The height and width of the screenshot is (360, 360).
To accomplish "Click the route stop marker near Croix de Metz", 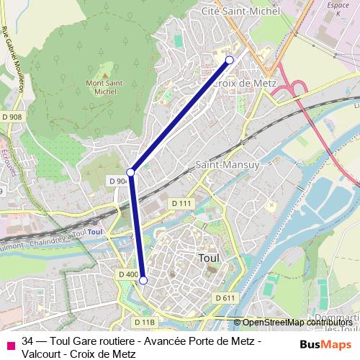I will [x=230, y=60].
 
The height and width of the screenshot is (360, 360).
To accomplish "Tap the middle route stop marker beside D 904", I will [x=131, y=172].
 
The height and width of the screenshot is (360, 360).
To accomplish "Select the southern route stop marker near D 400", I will [x=143, y=280].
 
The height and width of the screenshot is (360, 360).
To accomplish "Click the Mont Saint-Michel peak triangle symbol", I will [x=105, y=73].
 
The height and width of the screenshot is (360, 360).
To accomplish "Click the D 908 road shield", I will [x=12, y=117].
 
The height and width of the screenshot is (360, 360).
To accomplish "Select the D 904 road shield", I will [x=117, y=181].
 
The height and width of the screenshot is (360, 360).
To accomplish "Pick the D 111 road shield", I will [x=181, y=204].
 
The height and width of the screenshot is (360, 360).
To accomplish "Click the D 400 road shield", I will [x=127, y=274].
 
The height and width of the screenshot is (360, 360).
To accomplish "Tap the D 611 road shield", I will [x=225, y=298].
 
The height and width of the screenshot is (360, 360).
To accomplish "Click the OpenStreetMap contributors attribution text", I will [x=297, y=322].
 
